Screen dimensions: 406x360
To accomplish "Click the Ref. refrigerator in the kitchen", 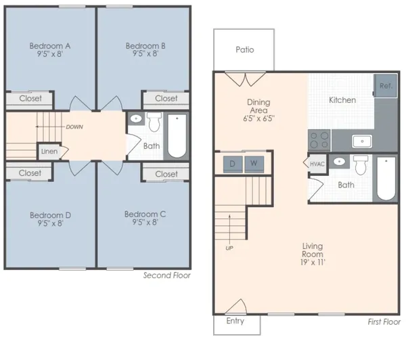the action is point(386,86).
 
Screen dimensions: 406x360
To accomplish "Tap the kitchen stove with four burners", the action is point(319,140).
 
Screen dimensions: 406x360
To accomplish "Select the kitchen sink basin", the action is point(362,141).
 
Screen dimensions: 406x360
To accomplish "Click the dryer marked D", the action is point(233,164).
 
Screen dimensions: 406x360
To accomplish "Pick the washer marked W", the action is point(254,164).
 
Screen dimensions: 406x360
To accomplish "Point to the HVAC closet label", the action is point(317,164).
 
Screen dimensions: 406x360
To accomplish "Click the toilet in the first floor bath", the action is point(361,165).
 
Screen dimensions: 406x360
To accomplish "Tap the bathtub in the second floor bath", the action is point(177,136).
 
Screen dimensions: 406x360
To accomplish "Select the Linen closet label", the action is point(49,152).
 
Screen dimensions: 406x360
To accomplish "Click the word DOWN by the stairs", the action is point(74,127).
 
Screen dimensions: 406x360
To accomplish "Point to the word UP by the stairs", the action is point(229,248).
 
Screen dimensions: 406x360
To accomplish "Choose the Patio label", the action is point(245,49).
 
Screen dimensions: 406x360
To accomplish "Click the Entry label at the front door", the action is point(235,321).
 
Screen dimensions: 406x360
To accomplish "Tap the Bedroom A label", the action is point(49,46).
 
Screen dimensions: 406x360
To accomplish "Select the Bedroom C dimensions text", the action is point(145,222).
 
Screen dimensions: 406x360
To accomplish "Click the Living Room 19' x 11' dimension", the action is point(313,263).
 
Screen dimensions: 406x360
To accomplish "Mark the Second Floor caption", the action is point(167,275).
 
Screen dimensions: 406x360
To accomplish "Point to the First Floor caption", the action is point(384,322).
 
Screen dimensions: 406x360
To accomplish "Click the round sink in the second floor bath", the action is point(136,119).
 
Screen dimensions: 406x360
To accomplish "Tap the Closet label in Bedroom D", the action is point(30,173).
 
